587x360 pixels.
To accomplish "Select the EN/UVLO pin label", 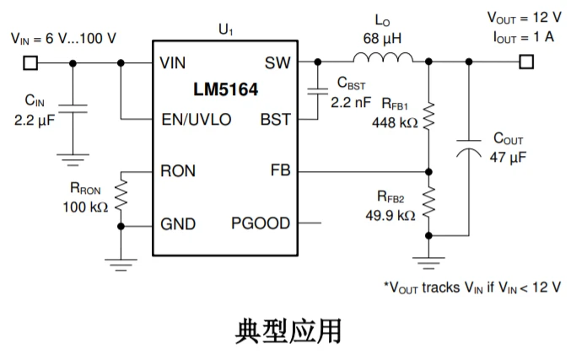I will [x=196, y=119].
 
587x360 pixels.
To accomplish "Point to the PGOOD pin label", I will [x=261, y=223].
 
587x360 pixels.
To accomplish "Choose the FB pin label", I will [x=280, y=171].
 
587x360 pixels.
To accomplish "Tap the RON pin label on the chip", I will [x=178, y=171].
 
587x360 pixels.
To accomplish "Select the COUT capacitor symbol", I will [x=468, y=149].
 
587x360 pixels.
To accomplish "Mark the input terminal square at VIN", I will [x=31, y=62].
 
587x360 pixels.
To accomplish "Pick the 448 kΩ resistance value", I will [x=394, y=122].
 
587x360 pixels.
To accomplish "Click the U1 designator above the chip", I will [x=225, y=30].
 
